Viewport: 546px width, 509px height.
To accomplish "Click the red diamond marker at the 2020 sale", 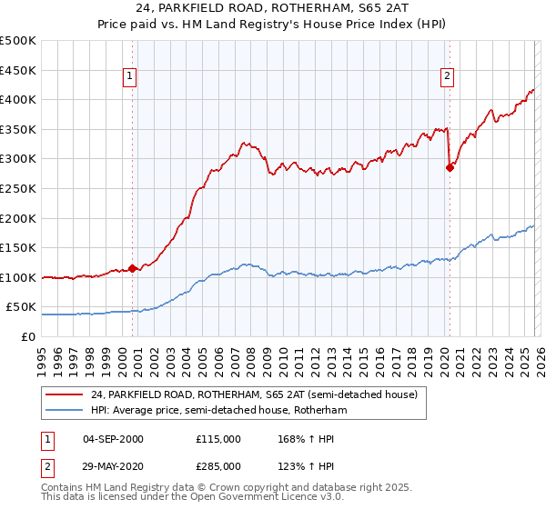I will point(450,167).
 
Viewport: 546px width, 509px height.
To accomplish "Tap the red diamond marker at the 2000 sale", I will point(133,268).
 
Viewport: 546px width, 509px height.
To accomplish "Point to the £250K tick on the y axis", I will point(18,189).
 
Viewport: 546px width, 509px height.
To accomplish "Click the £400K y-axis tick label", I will point(18,100).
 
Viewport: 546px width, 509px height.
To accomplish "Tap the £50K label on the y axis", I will point(22,308).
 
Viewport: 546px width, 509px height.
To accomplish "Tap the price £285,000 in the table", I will point(218,466).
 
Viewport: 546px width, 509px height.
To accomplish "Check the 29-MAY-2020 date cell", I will point(113,466).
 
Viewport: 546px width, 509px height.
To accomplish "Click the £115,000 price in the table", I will point(218,439).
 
